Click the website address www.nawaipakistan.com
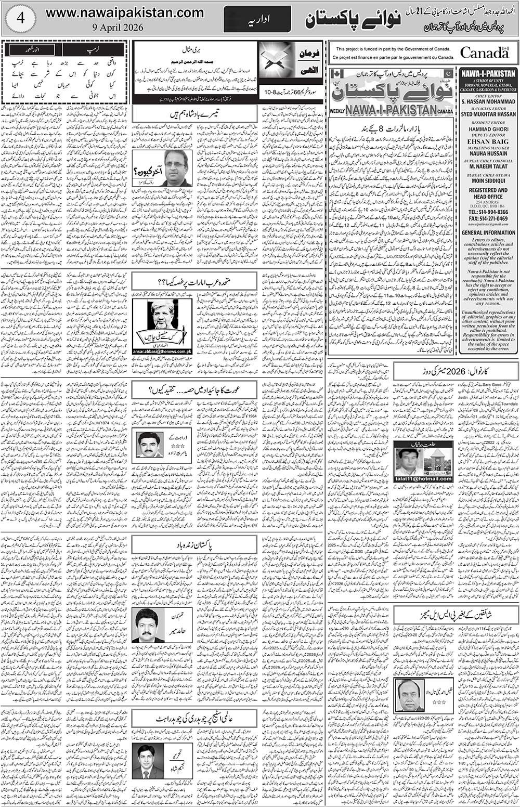124,12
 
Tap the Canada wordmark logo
484,53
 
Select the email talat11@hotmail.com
415,478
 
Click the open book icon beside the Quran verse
276,60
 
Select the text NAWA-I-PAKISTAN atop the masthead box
487,74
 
